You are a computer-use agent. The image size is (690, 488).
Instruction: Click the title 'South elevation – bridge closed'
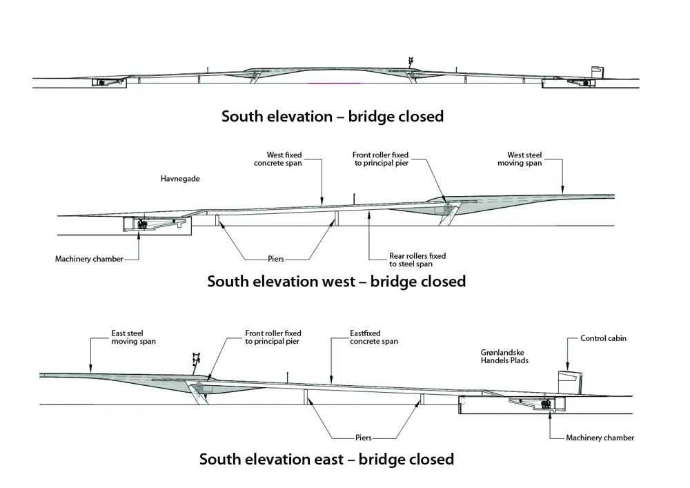[x=332, y=116]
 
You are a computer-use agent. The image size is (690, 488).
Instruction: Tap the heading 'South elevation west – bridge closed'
[x=336, y=282]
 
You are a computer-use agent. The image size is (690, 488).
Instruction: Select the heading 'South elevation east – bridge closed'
[x=326, y=459]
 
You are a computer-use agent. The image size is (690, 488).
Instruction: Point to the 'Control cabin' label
[x=603, y=338]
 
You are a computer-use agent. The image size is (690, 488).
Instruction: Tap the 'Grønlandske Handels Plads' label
[x=504, y=356]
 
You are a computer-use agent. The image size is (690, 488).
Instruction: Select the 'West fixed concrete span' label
[x=277, y=159]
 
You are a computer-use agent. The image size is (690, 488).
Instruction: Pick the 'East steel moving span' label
[x=134, y=337]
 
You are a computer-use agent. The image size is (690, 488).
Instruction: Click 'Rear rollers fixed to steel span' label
[x=417, y=260]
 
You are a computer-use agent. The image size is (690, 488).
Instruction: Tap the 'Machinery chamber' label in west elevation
[x=89, y=259]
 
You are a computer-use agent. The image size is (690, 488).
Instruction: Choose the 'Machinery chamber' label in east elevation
[x=600, y=438]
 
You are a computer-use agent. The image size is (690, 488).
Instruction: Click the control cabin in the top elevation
[x=597, y=73]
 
